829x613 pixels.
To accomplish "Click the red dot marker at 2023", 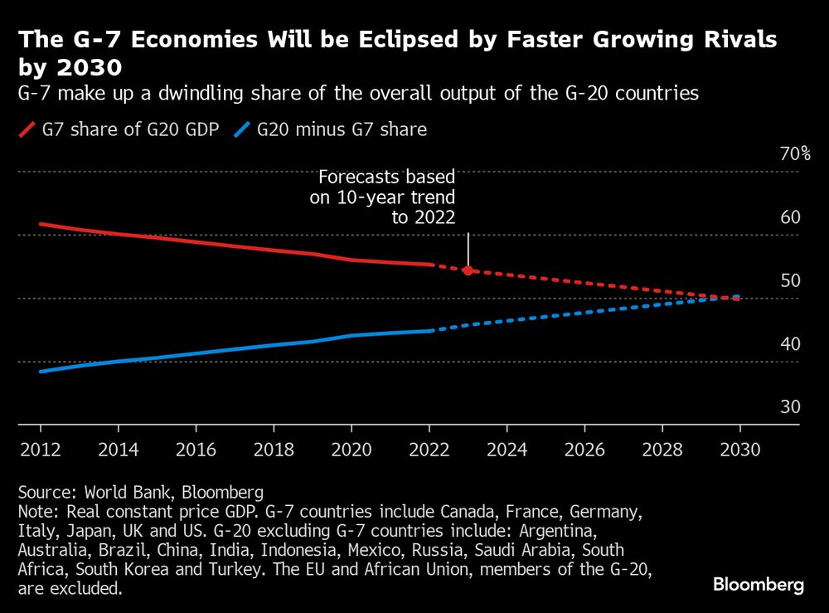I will coord(468,270).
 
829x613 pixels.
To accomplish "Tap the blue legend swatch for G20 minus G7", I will coord(243,129).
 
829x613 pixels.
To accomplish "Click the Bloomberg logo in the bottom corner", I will coord(759,585).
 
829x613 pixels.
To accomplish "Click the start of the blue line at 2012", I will coord(41,371).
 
